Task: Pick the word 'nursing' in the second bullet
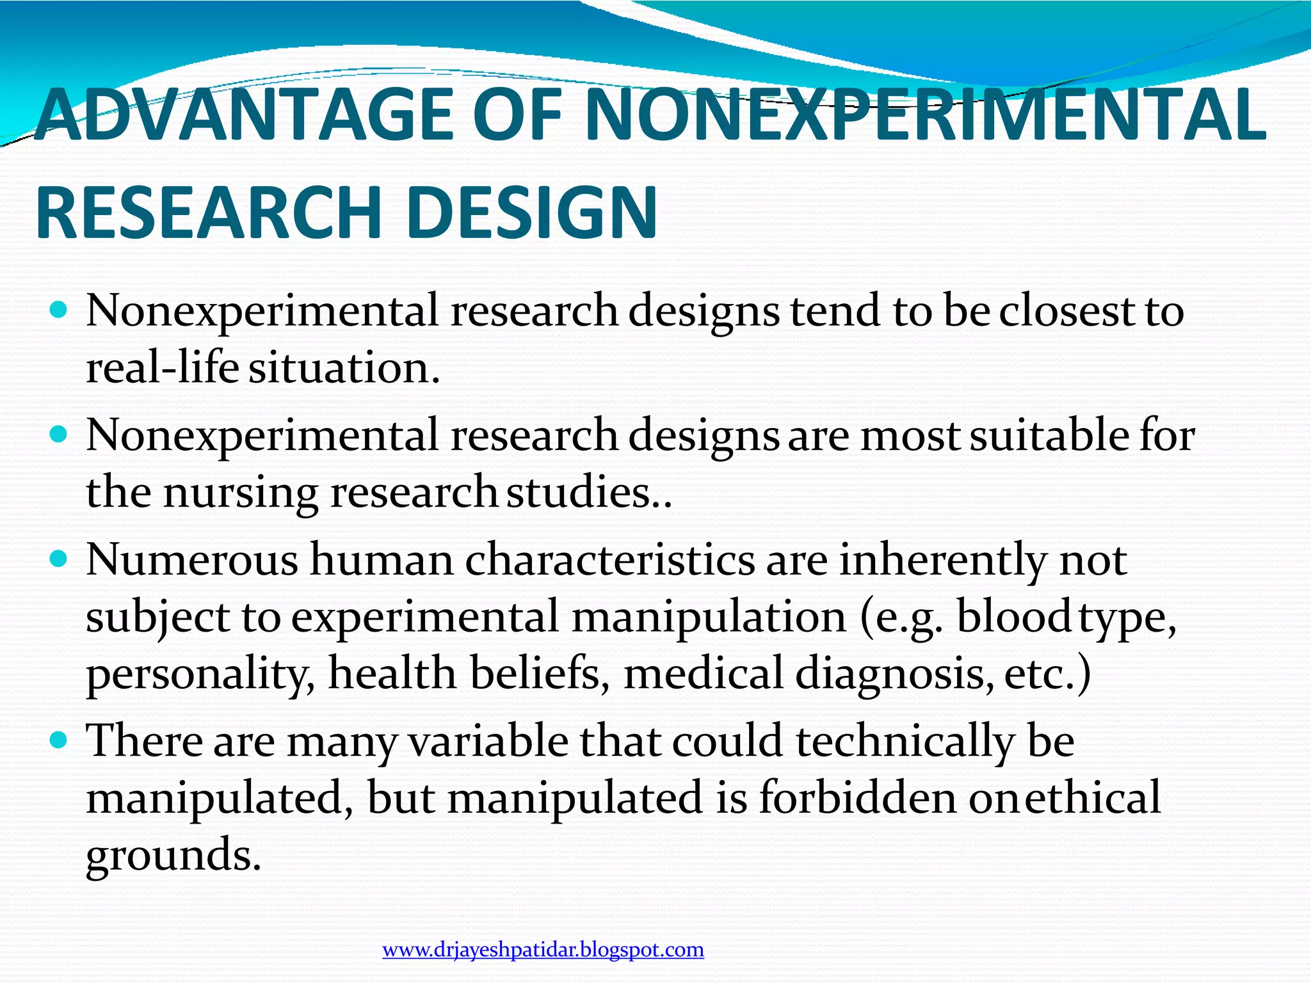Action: click(240, 493)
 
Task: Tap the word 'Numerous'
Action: click(192, 560)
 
